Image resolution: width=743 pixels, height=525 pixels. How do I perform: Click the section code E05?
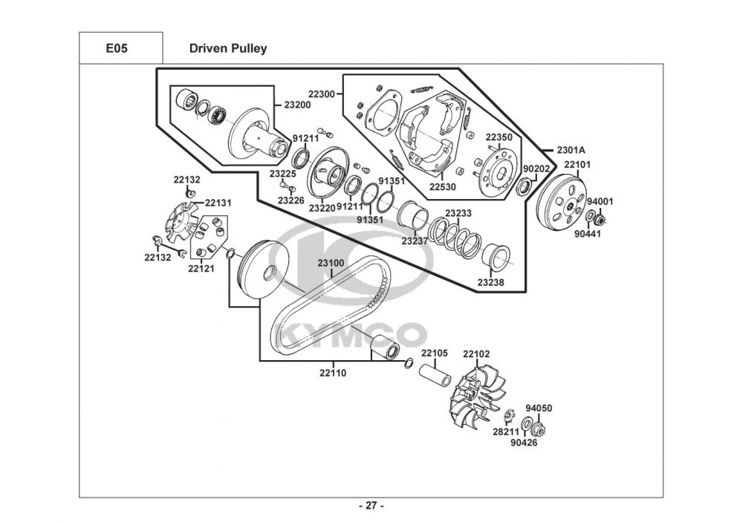point(117,48)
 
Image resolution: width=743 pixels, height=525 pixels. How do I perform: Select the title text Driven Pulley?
point(228,48)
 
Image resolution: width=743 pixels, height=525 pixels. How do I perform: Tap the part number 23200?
point(298,105)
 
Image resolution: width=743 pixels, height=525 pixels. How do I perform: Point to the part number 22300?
point(321,94)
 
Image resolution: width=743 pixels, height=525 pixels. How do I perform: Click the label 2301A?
point(571,150)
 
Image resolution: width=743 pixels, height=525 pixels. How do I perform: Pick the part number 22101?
point(577,165)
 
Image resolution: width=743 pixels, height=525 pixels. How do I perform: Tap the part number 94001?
point(600,201)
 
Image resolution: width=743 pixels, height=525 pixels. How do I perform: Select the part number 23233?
point(458,213)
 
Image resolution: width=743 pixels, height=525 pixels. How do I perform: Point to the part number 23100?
point(331,263)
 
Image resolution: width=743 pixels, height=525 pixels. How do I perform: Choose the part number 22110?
point(333,373)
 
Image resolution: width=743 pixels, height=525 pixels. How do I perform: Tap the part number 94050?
point(539,408)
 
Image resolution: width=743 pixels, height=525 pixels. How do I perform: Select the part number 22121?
point(201,268)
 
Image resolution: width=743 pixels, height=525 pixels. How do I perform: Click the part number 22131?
point(218,203)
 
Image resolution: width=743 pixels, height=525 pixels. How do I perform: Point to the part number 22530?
point(443,186)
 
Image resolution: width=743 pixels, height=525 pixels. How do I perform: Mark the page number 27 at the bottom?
point(371,506)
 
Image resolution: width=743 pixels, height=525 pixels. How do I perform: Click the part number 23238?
point(491,282)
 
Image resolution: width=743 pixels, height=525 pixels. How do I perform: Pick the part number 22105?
point(435,353)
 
